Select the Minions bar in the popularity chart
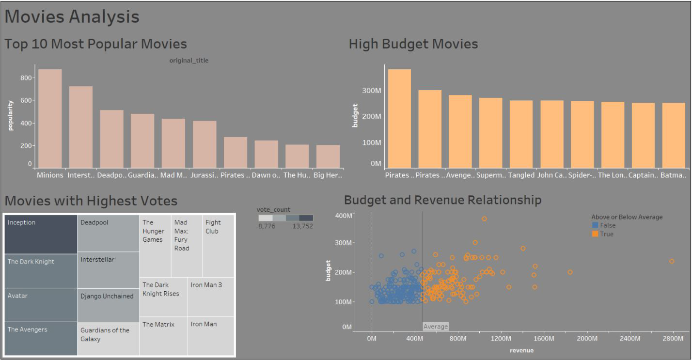tap(50, 119)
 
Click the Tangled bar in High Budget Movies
tap(521, 134)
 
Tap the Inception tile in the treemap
tap(41, 235)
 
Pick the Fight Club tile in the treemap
tap(218, 246)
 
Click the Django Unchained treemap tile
tap(108, 305)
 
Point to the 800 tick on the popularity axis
tap(26, 78)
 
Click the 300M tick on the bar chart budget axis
tap(372, 91)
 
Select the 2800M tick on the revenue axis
tap(673, 339)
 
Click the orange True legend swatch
tap(595, 234)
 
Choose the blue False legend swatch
tap(595, 225)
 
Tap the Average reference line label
tap(436, 326)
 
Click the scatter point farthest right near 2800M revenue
tap(672, 262)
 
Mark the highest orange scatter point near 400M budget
tap(484, 219)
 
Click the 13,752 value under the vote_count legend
tap(302, 226)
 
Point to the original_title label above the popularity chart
tap(189, 61)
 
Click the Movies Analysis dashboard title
tap(72, 16)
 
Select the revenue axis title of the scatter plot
tap(521, 350)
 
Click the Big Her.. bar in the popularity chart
tap(328, 157)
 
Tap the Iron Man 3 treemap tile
tap(210, 297)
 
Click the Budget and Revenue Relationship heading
tap(443, 200)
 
